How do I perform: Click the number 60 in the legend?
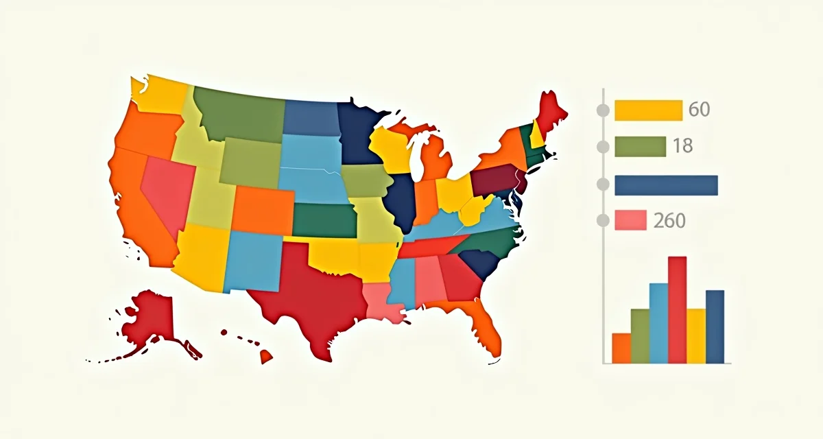(x=700, y=110)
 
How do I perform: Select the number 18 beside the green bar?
(x=683, y=146)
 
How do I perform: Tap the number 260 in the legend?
(x=669, y=220)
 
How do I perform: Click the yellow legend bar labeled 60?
(x=648, y=110)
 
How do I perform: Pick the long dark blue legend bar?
(x=666, y=185)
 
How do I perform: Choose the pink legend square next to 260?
(x=631, y=219)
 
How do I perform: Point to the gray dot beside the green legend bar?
(x=604, y=147)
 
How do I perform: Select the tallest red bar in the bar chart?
(x=677, y=309)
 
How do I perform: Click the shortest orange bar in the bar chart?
(x=621, y=348)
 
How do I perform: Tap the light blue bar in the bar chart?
(x=658, y=322)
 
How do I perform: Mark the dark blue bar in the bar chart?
(x=715, y=326)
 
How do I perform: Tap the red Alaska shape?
(x=154, y=319)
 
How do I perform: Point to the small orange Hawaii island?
(x=265, y=357)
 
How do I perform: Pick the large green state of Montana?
(x=240, y=113)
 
